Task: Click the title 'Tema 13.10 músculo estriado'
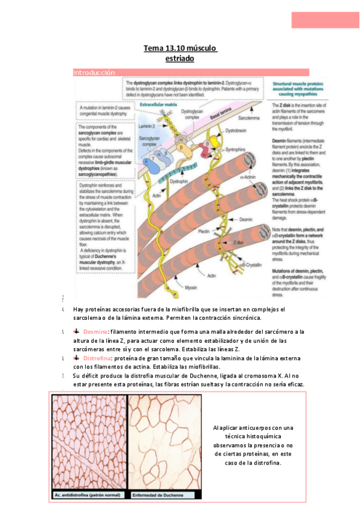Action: pos(180,53)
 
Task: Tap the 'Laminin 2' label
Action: pos(148,125)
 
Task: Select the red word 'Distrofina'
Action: pos(98,358)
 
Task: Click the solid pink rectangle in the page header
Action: pos(325,19)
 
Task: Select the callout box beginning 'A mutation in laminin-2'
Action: pos(100,111)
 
